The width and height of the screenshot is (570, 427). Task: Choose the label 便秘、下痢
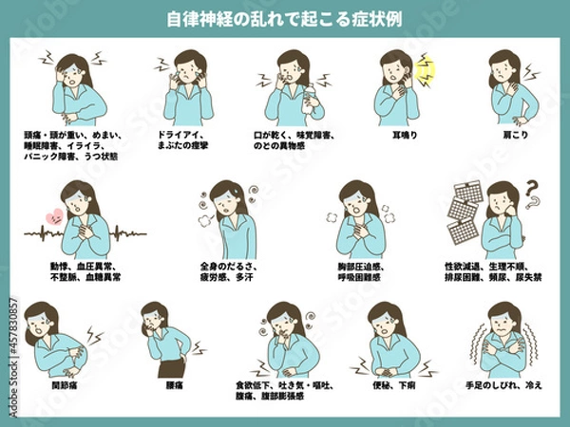pyautogui.click(x=390, y=386)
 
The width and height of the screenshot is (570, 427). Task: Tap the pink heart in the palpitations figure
pyautogui.click(x=54, y=216)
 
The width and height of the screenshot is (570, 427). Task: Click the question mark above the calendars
pyautogui.click(x=532, y=190)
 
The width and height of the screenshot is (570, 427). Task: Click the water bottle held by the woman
pyautogui.click(x=306, y=99)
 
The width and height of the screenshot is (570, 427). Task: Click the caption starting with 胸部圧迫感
pyautogui.click(x=364, y=272)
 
